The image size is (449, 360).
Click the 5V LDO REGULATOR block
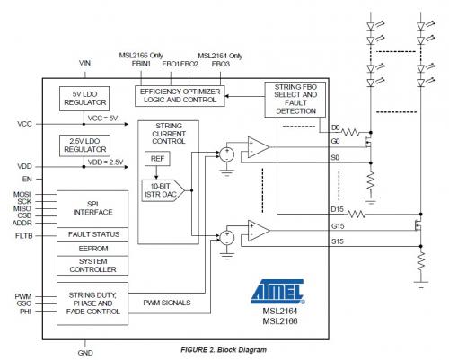click(84, 99)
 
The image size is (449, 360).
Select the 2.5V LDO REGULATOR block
click(84, 145)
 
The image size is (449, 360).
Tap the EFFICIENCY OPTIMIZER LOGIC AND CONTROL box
click(180, 96)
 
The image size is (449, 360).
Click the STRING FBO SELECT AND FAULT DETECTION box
click(295, 100)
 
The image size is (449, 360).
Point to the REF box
click(157, 159)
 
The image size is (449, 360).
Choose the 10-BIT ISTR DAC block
click(163, 190)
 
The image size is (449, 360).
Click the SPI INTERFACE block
click(92, 208)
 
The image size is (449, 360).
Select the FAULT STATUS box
click(92, 234)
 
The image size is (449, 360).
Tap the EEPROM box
click(92, 249)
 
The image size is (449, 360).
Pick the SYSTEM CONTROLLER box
click(92, 266)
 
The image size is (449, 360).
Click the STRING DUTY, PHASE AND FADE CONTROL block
click(92, 303)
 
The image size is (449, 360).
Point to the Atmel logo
click(278, 291)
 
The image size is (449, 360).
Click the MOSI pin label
click(22, 195)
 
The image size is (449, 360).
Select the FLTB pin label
click(24, 236)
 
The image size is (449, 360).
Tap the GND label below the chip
click(85, 353)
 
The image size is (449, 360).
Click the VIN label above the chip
click(84, 63)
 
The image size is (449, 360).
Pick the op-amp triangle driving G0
click(259, 147)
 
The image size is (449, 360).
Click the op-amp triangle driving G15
click(259, 231)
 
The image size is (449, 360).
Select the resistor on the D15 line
click(357, 214)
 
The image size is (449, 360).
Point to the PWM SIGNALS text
click(167, 303)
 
